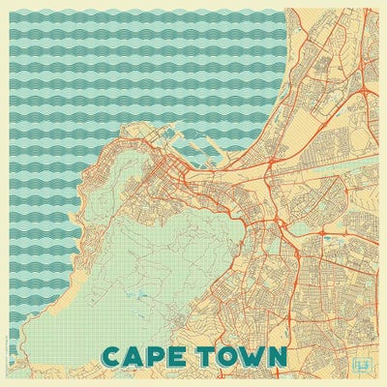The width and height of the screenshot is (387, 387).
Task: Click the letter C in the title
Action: [111, 356]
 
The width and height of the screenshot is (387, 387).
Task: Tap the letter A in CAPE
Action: [136, 356]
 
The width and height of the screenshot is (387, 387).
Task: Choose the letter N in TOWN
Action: [279, 356]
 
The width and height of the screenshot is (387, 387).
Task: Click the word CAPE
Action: [145, 356]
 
